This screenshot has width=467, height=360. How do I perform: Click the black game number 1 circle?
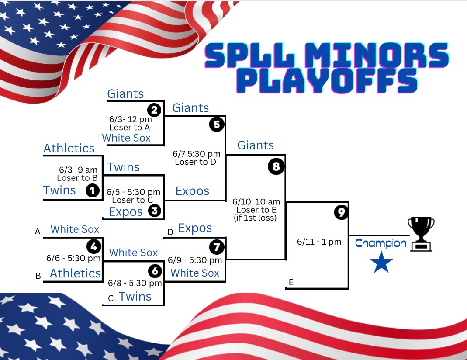point(92,190)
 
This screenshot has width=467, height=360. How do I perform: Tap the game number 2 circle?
point(154,110)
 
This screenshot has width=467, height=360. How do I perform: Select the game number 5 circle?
point(217,124)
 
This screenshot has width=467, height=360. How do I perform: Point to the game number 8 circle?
point(276,166)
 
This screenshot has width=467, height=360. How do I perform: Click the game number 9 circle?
point(341,212)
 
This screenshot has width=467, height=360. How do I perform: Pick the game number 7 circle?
point(217,247)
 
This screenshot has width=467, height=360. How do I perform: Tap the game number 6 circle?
point(155,271)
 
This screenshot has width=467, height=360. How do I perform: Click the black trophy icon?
point(421,234)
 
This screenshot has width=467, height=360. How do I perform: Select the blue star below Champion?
point(381,262)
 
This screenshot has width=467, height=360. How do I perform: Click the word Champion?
point(381,243)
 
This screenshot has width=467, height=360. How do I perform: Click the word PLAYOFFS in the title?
point(328,81)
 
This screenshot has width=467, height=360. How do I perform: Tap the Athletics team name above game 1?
point(69,148)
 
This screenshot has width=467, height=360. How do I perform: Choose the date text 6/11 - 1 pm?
point(319,242)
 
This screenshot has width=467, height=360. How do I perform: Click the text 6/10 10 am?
point(256,201)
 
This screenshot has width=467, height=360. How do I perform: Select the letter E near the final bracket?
point(291,282)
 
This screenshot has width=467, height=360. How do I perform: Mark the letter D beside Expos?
point(170,232)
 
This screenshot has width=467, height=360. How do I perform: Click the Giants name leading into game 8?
point(256,145)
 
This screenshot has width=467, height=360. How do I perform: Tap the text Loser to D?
point(195,162)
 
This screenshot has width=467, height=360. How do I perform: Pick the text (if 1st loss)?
point(255,218)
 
